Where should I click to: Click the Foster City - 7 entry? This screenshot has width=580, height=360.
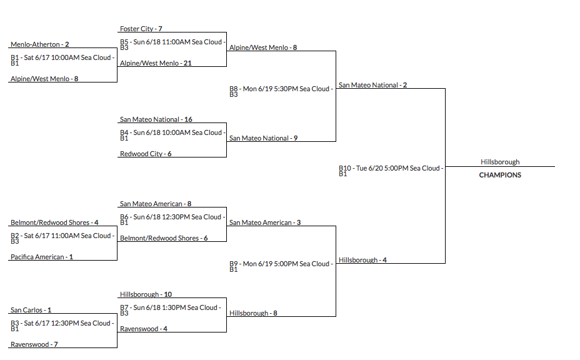pos(141,29)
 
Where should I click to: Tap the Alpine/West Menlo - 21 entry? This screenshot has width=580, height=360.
pos(156,63)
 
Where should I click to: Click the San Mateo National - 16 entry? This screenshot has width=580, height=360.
pos(156,119)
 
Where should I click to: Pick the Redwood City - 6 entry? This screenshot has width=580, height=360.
pos(146,154)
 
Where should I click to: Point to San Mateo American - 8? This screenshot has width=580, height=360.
pos(156,204)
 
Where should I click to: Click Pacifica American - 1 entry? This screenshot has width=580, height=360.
pos(42,257)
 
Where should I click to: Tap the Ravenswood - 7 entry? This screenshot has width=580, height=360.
pos(34,344)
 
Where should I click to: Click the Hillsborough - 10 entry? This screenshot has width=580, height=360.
pos(146,294)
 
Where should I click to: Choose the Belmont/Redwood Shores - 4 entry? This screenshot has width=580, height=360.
pos(54,222)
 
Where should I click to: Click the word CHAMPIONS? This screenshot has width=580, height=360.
pos(500,176)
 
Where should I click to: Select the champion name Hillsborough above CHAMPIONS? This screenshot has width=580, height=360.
pos(500,162)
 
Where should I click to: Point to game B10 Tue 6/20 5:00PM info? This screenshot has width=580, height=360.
pos(391,170)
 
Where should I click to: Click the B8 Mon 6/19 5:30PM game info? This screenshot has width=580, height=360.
pos(281,91)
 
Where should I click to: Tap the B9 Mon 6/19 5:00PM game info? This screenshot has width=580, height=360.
pos(281,266)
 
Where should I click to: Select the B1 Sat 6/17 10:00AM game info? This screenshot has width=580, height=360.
pos(62,60)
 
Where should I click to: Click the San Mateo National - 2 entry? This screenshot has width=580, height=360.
pos(372,85)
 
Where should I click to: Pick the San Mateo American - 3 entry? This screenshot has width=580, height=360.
pos(265,222)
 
